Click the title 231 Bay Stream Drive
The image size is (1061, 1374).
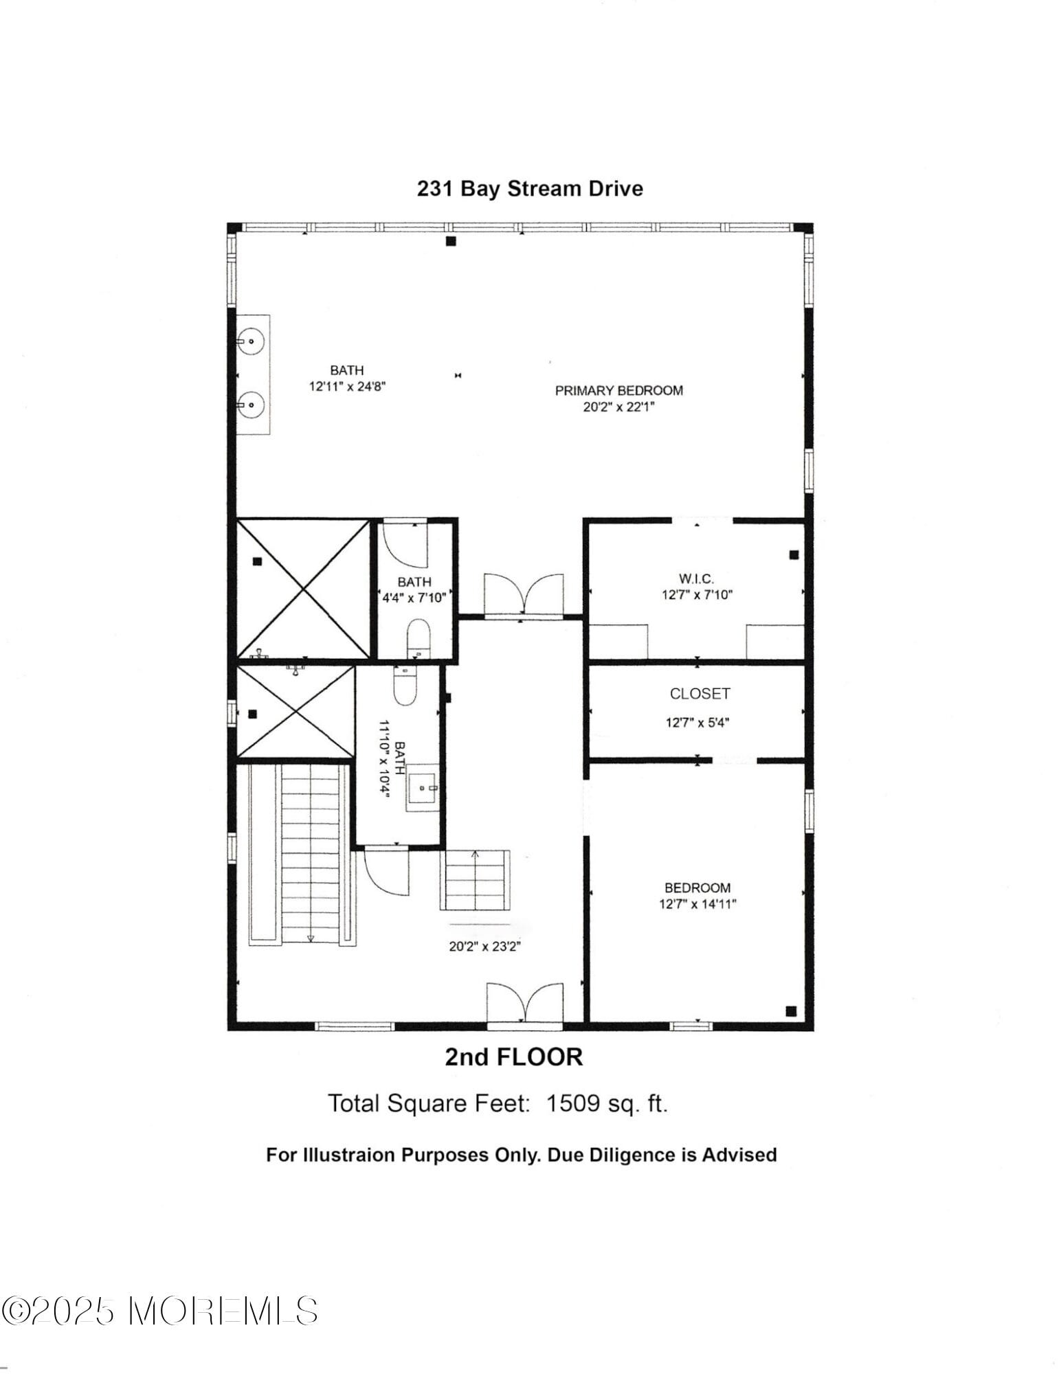point(530,189)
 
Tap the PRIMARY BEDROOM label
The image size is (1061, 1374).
point(618,391)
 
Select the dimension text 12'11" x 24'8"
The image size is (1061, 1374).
point(347,387)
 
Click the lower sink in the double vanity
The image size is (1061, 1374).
point(252,405)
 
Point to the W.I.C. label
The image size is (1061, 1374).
point(696,579)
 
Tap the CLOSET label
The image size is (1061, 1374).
point(700,694)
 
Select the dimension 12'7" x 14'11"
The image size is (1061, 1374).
point(697,904)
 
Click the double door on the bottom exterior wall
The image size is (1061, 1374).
point(524,1003)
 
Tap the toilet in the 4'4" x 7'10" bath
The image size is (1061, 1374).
point(417,637)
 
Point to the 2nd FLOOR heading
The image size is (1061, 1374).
point(513,1057)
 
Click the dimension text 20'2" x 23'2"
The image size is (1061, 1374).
point(485,946)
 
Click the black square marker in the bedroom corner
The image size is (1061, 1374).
point(791,1011)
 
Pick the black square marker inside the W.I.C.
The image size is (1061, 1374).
point(794,554)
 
